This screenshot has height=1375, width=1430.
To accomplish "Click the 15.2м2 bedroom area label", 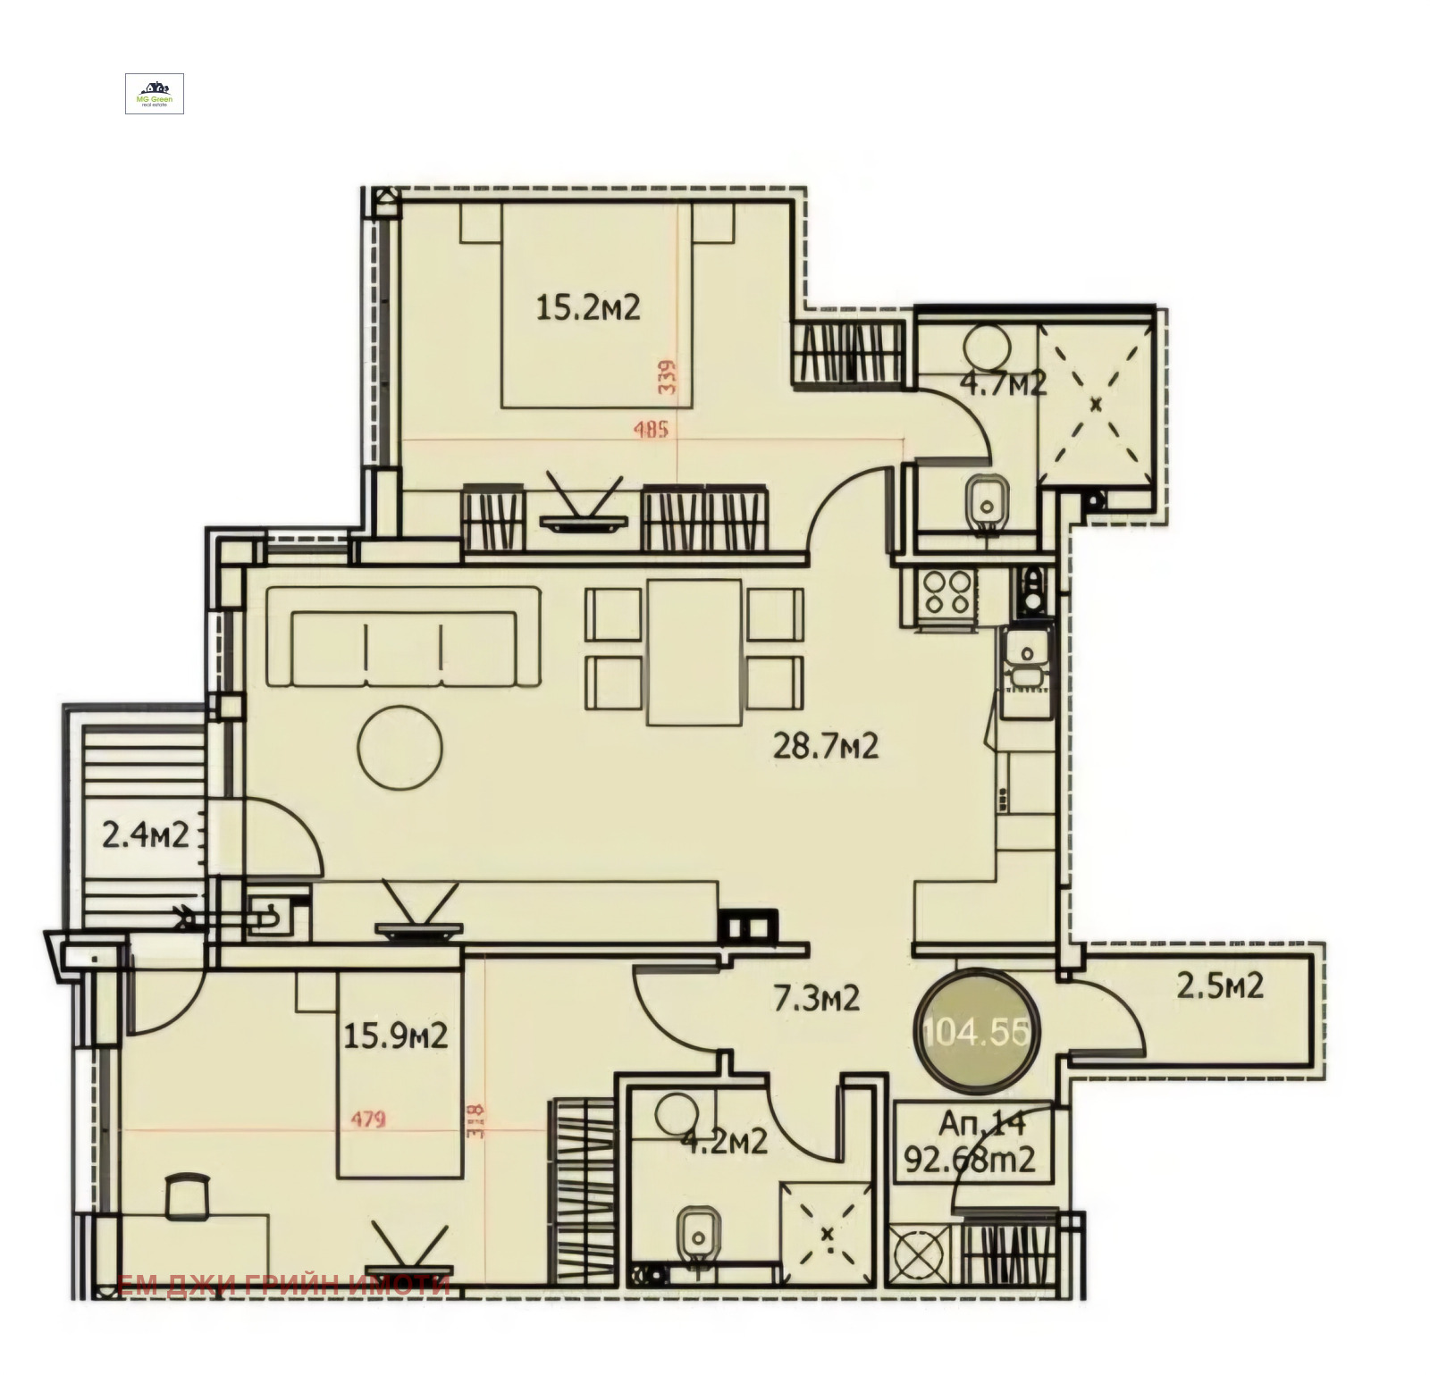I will [587, 309].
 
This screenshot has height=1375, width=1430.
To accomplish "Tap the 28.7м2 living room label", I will [825, 746].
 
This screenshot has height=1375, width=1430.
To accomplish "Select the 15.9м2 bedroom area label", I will [396, 1036].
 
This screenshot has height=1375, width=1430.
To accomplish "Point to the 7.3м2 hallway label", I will [816, 998].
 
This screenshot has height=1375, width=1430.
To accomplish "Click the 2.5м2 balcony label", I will [1219, 986].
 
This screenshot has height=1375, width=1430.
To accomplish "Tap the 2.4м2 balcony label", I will [145, 836].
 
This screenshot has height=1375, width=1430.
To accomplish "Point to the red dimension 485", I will [651, 430].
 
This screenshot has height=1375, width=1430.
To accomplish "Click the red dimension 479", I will [367, 1119].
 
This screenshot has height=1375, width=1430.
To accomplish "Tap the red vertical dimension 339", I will [667, 377].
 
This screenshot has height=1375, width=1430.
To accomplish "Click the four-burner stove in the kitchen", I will [946, 592].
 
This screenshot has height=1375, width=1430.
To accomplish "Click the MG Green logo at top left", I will [155, 94].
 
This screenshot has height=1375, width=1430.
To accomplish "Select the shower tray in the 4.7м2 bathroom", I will [1096, 405].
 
